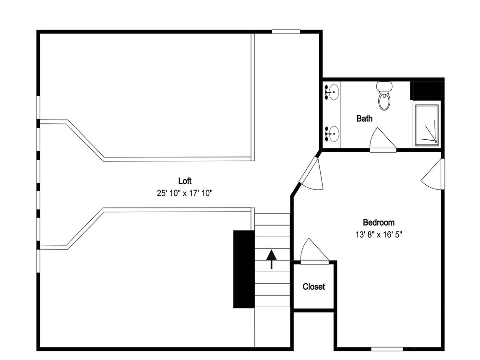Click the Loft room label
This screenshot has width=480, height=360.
(x=185, y=181)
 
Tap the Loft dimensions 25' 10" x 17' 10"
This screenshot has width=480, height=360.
(x=185, y=193)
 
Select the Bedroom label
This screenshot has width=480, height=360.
(x=379, y=222)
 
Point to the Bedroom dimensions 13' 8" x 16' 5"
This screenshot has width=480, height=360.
(x=379, y=235)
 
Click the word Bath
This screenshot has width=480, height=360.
(x=364, y=118)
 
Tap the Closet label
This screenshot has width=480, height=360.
(x=314, y=287)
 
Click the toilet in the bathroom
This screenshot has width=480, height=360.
(x=384, y=96)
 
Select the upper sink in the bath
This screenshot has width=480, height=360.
(x=333, y=92)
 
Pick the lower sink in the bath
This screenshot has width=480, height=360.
(x=333, y=134)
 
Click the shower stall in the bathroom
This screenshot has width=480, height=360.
(x=427, y=125)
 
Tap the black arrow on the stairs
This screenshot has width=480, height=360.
(x=271, y=259)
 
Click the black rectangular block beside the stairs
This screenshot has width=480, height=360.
(x=244, y=269)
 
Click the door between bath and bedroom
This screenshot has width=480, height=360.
(x=383, y=140)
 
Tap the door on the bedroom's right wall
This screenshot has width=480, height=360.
(x=433, y=174)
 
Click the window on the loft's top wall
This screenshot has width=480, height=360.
(x=286, y=32)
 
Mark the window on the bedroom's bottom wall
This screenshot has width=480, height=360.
(x=387, y=349)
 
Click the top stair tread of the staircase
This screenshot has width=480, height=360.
(x=272, y=219)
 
